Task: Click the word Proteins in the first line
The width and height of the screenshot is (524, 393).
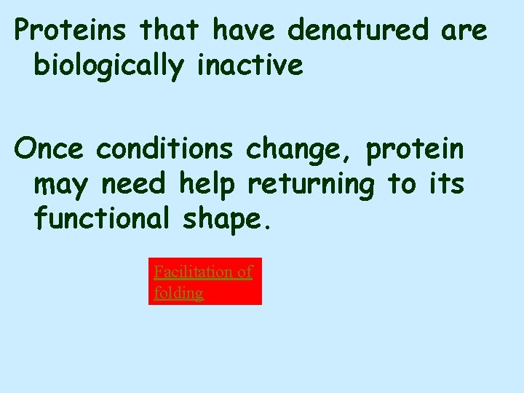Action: [x=71, y=31]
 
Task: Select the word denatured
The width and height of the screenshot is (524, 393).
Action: [x=358, y=31]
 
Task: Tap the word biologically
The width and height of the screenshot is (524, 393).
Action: [x=109, y=65]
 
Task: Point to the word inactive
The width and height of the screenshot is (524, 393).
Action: [x=250, y=65]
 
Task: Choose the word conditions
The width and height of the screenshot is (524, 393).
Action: [x=164, y=148]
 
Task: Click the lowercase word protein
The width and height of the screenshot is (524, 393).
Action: [x=414, y=150]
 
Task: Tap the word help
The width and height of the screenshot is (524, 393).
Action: [x=206, y=184]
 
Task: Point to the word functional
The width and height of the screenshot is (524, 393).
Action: [x=101, y=218]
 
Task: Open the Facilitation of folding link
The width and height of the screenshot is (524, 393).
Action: [x=204, y=282]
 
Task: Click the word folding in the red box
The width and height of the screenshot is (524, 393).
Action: [x=178, y=293]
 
